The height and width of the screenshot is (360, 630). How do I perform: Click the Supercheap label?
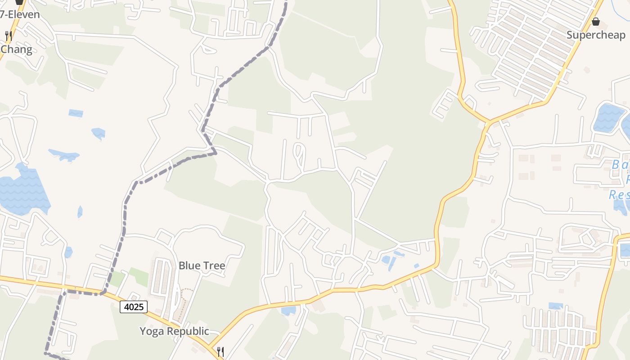(x=596, y=35)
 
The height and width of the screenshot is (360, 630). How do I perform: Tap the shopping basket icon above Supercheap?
(x=596, y=21)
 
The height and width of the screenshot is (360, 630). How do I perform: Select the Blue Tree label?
(x=202, y=265)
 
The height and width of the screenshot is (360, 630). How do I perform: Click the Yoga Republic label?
(x=174, y=331)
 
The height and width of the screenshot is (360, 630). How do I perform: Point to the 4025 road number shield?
(x=134, y=307)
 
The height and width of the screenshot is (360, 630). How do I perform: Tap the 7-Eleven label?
(x=20, y=14)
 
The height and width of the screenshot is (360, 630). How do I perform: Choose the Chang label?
(x=17, y=49)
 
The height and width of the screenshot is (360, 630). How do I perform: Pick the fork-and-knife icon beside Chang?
(x=8, y=36)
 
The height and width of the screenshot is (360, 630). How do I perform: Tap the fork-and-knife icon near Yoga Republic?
(x=220, y=351)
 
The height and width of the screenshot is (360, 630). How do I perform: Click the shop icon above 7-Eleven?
(x=19, y=2)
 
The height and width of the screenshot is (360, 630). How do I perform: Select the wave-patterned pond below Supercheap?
(x=608, y=118)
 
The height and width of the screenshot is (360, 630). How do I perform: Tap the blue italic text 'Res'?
(x=619, y=195)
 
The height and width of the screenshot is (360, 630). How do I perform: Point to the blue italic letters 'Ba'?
(x=620, y=165)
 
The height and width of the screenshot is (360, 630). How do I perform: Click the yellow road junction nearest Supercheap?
(x=489, y=121)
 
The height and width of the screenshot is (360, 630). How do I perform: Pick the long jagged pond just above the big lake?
(x=64, y=155)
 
